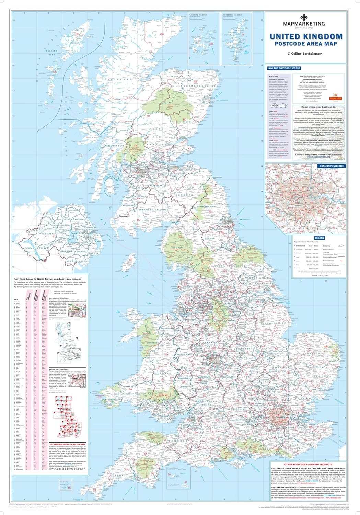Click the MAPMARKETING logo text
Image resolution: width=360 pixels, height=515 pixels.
(303, 23)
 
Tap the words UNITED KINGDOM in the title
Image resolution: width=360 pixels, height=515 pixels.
(306, 36)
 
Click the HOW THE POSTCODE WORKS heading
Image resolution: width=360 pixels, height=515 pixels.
(284, 68)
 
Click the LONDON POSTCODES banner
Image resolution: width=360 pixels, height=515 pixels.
(332, 166)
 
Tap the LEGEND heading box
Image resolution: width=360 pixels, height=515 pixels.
(319, 238)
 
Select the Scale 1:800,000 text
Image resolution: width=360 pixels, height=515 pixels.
(319, 275)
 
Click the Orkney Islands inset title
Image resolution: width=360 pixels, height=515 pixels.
(198, 15)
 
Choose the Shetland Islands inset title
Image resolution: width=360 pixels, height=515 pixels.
(232, 15)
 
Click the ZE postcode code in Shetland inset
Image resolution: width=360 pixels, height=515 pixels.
(243, 35)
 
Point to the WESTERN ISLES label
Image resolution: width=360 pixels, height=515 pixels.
(51, 53)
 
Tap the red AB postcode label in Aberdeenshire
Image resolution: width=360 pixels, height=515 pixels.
(206, 82)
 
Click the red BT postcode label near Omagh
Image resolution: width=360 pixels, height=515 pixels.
(54, 236)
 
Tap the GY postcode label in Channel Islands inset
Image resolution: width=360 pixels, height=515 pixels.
(169, 474)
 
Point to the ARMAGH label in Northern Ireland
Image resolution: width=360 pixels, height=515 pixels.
(66, 251)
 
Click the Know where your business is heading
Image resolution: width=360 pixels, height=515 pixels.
(316, 107)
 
